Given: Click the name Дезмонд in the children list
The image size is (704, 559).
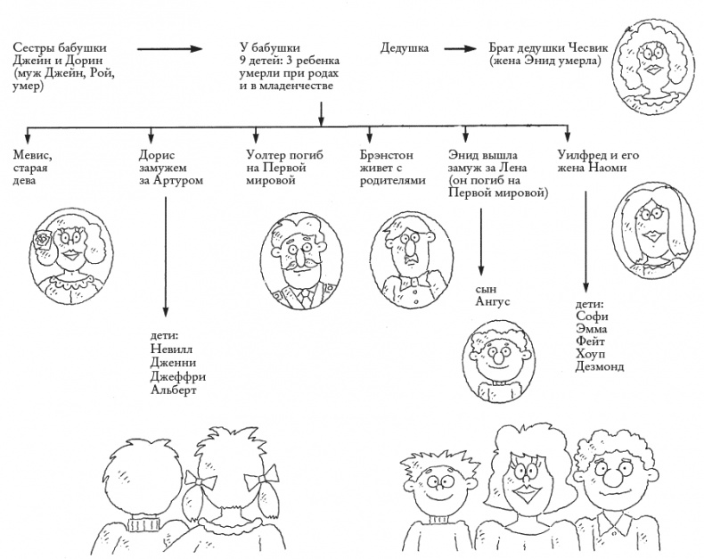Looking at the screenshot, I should (x=599, y=366).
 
